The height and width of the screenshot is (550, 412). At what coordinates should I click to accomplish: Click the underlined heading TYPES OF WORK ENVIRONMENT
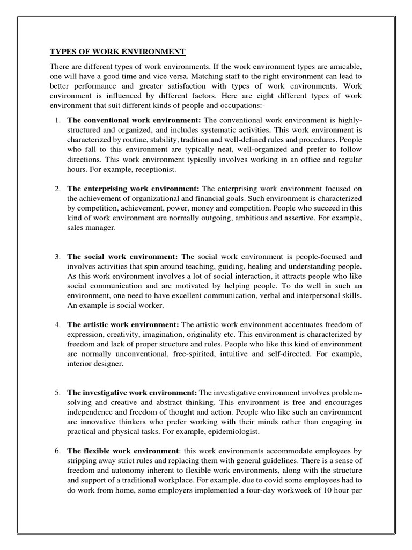click(x=117, y=52)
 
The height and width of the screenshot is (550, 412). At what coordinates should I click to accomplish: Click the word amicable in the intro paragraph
click(x=344, y=66)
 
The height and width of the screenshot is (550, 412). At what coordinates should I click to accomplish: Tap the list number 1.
click(x=57, y=118)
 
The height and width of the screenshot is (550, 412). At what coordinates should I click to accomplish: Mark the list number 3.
click(x=57, y=256)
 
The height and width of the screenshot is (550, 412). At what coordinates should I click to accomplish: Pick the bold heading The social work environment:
click(x=123, y=256)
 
